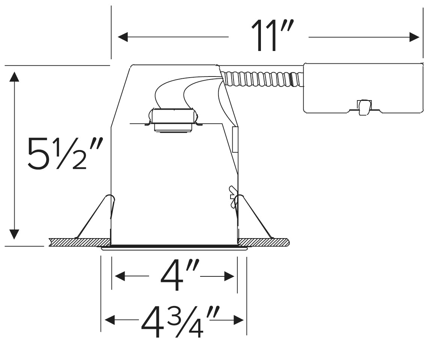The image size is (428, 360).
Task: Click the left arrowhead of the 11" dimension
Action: (123, 37)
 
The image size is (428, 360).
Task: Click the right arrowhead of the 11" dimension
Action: (414, 37)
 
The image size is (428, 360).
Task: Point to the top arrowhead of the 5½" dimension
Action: (14, 76)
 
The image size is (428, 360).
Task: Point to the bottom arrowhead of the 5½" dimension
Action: (14, 234)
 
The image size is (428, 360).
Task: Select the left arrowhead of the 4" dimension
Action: (120, 277)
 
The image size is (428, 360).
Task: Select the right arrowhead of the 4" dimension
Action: (229, 277)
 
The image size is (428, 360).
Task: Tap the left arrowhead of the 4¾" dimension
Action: (110, 320)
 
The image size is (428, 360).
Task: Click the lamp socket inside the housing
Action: (173, 120)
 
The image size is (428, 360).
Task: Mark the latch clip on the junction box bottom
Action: (363, 107)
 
